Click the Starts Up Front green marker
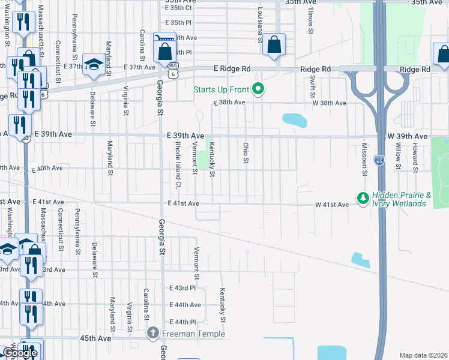[259, 90]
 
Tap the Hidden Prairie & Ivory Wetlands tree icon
[363, 197]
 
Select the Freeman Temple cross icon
[153, 333]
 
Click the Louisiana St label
[261, 26]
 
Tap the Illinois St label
[311, 17]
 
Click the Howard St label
[415, 157]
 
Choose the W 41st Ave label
[332, 205]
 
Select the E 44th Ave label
[184, 305]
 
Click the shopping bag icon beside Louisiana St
[274, 45]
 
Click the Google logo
[20, 353]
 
